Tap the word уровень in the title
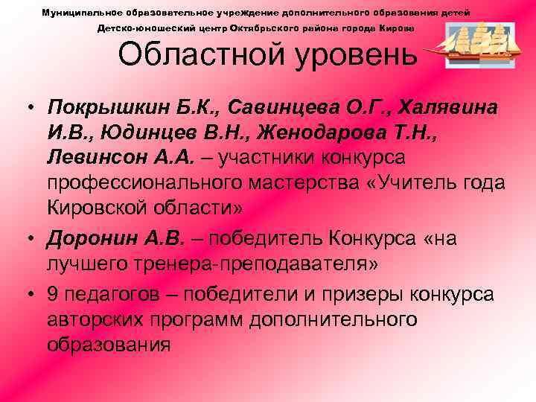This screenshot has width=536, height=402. coord(352,54)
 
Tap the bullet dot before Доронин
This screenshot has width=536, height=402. coord(29,239)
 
